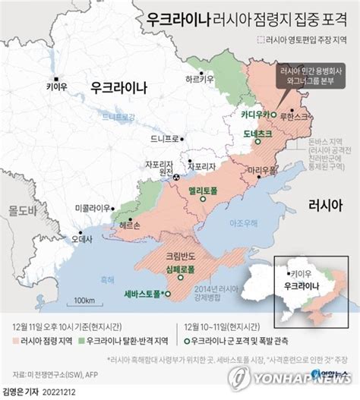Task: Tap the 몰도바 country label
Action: coord(14,207)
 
